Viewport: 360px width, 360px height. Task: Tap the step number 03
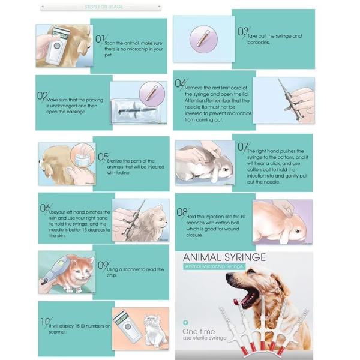coord(242,31)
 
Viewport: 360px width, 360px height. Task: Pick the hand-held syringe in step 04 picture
coord(288,96)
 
